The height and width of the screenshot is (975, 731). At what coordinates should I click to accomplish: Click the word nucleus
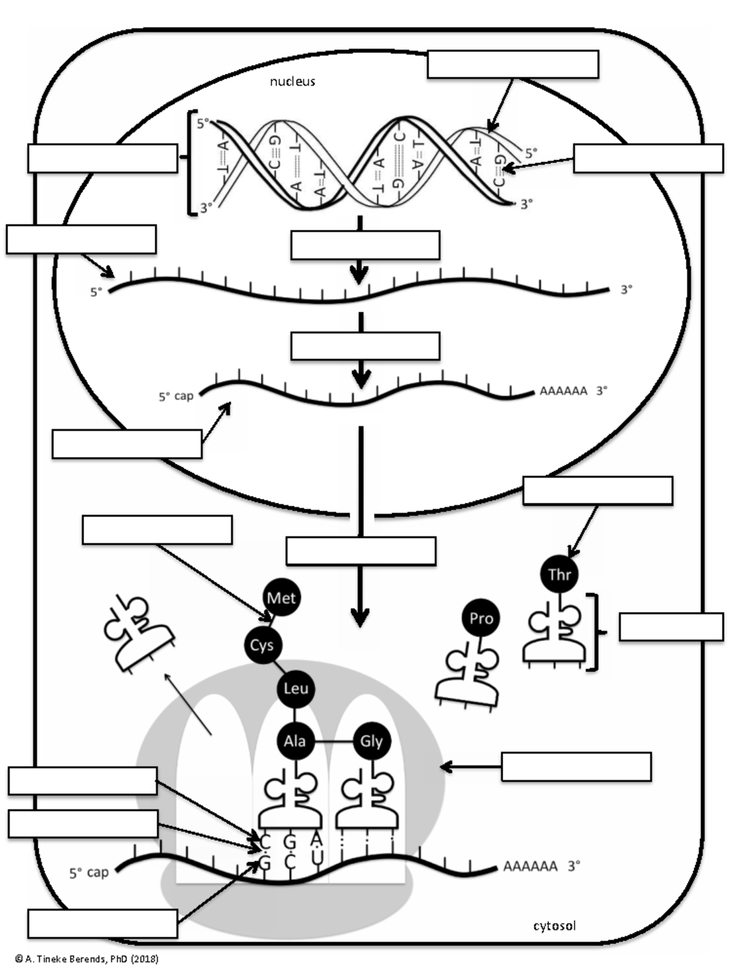click(292, 81)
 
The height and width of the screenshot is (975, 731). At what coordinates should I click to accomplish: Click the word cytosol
click(554, 926)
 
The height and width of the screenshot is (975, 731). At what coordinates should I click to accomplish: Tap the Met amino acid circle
click(281, 598)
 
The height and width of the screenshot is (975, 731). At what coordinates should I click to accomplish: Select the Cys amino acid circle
click(261, 645)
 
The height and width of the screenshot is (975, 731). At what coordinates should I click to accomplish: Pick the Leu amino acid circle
click(295, 689)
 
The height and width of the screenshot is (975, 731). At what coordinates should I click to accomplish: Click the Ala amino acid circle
click(295, 741)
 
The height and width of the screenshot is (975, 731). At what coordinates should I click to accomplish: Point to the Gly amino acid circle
click(371, 741)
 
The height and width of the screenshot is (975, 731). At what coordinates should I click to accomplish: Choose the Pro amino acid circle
click(481, 619)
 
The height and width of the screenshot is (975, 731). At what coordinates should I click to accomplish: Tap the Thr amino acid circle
click(559, 574)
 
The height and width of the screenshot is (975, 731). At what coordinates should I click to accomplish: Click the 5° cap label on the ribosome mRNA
click(89, 873)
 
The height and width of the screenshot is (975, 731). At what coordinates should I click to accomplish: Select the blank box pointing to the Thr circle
click(598, 491)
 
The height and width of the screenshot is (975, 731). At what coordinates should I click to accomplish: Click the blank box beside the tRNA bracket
click(671, 627)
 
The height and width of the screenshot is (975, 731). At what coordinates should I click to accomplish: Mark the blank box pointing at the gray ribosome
click(576, 767)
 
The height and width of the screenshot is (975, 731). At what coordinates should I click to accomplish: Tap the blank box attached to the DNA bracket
click(102, 158)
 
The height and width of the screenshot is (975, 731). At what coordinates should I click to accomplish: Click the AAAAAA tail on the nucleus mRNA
click(563, 391)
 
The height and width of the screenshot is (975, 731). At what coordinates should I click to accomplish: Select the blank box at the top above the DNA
click(512, 65)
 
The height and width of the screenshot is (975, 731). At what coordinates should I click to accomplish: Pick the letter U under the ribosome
click(317, 857)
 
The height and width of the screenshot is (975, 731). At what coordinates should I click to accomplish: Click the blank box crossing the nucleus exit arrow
click(361, 551)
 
